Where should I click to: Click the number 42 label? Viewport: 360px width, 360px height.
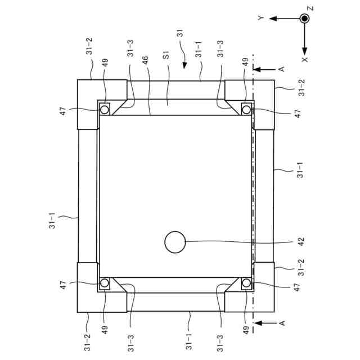[301, 241]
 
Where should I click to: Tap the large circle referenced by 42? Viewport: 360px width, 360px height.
[175, 242]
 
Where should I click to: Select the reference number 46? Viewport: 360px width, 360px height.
[145, 61]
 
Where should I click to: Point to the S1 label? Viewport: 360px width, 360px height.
[166, 55]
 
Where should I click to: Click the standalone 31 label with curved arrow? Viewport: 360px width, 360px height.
[180, 33]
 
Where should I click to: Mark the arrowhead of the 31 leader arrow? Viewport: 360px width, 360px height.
[184, 66]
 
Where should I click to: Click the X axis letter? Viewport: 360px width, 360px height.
[305, 60]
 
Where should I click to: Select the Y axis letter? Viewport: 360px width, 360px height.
[261, 18]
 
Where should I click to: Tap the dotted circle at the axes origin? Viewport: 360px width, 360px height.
[304, 19]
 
